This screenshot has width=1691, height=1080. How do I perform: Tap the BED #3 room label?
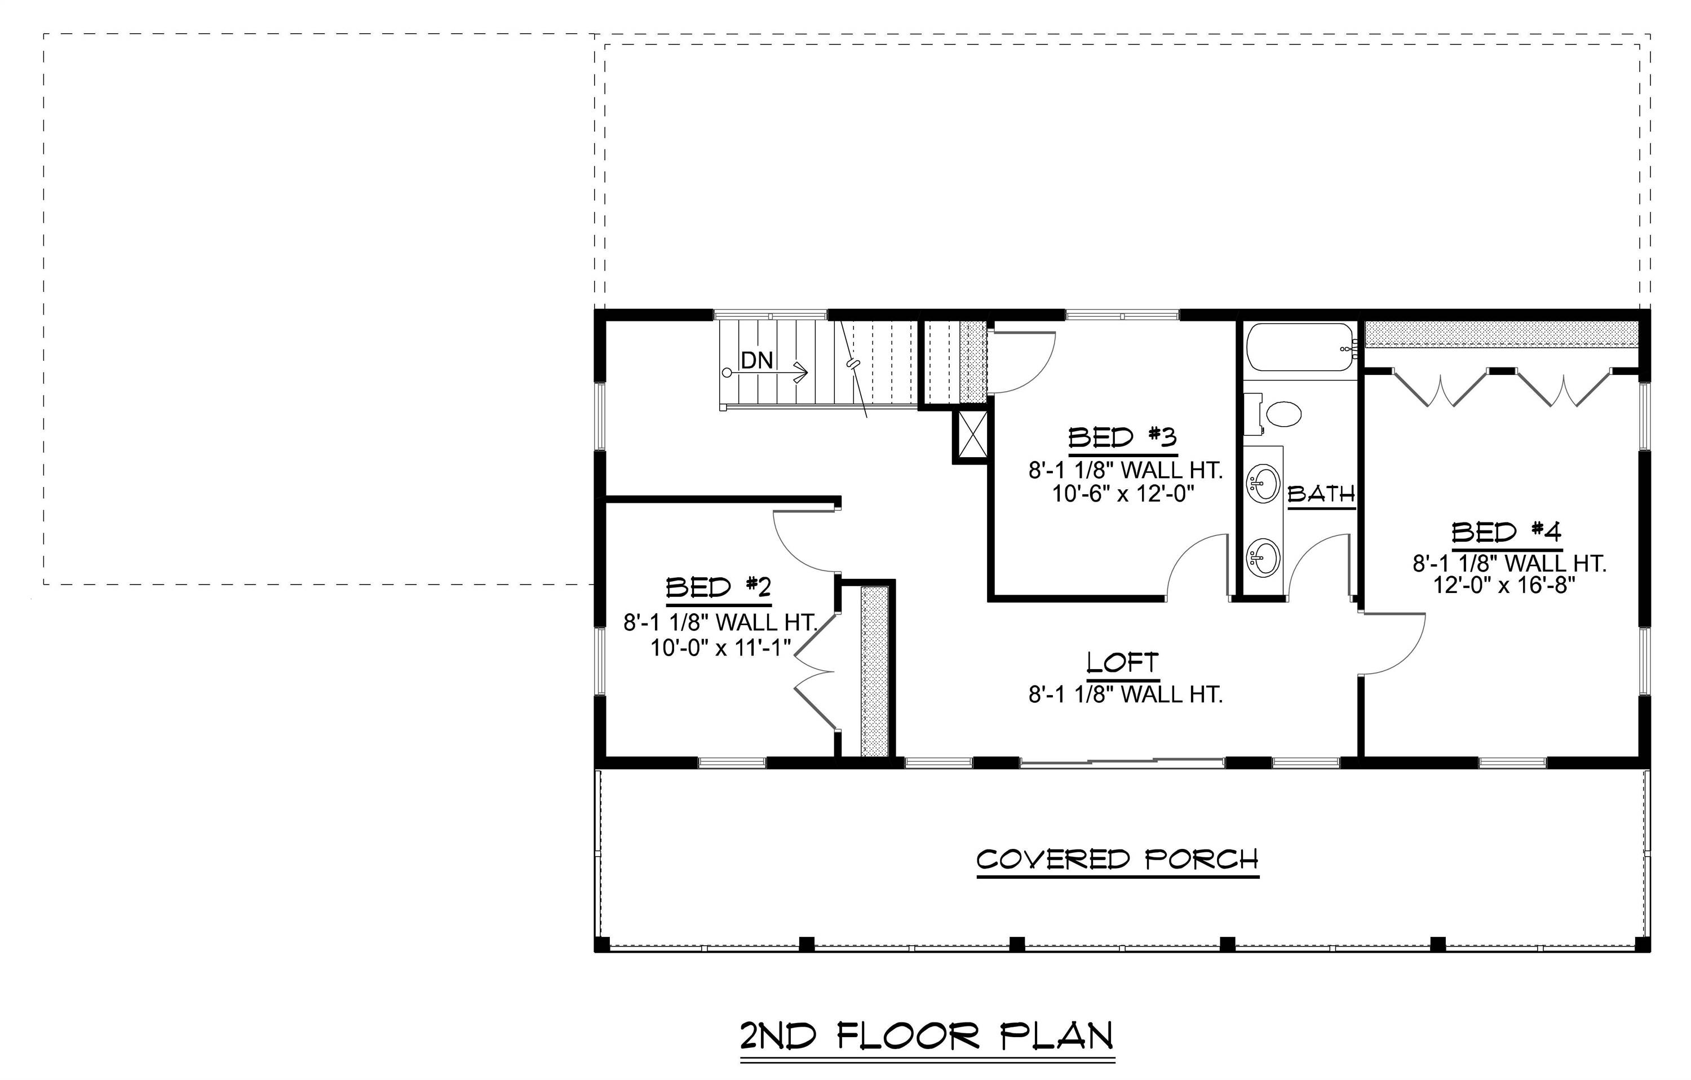coord(1122,437)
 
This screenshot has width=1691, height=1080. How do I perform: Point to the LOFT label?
coord(1122,663)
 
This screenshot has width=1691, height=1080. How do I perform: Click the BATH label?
coord(1320,494)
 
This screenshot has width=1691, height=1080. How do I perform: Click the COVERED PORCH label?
coord(1117,860)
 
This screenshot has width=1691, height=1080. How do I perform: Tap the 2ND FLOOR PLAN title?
coord(927,1036)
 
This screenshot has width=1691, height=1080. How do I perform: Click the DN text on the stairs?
coord(757,360)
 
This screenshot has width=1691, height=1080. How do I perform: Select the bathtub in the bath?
coord(1299,347)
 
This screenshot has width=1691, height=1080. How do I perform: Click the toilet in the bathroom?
coord(1282,414)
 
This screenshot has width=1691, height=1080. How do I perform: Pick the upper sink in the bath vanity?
coord(1262,484)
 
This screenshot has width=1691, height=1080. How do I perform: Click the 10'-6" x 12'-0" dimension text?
coord(1123,494)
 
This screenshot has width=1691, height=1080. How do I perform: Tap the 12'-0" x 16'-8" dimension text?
coord(1504,586)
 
